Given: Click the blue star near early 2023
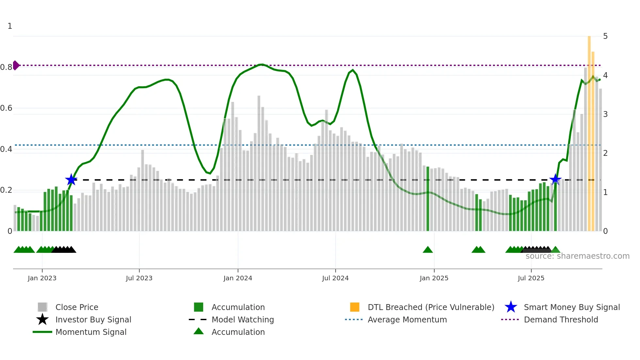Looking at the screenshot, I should pos(71,180).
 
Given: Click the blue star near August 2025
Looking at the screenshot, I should pos(555,179).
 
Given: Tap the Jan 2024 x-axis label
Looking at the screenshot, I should pos(238,278).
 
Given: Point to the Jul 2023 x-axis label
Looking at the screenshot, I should pos(139,278).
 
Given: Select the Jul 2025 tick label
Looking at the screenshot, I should pos(531,278).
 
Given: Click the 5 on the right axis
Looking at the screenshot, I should pos(605,36).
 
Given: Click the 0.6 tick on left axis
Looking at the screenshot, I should pos(6,108).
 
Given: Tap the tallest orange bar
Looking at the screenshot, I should pos(589,131).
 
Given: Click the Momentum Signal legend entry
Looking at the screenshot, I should pos(91,332).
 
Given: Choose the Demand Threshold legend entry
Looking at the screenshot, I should pos(561,319).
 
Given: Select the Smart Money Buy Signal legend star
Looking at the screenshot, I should pos(511,307).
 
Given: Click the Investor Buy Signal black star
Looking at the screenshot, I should pos(42,319).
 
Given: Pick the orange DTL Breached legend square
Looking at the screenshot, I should pos(354,307).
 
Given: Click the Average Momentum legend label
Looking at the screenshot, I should pos(407,319).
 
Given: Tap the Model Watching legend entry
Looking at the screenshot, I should pos(242,319).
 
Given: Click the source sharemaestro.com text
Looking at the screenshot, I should pos(577,256).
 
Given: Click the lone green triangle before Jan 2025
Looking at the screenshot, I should pos(427,250).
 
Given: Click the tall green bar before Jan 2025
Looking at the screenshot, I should pos(428,199).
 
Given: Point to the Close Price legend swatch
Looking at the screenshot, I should pos(42,307).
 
